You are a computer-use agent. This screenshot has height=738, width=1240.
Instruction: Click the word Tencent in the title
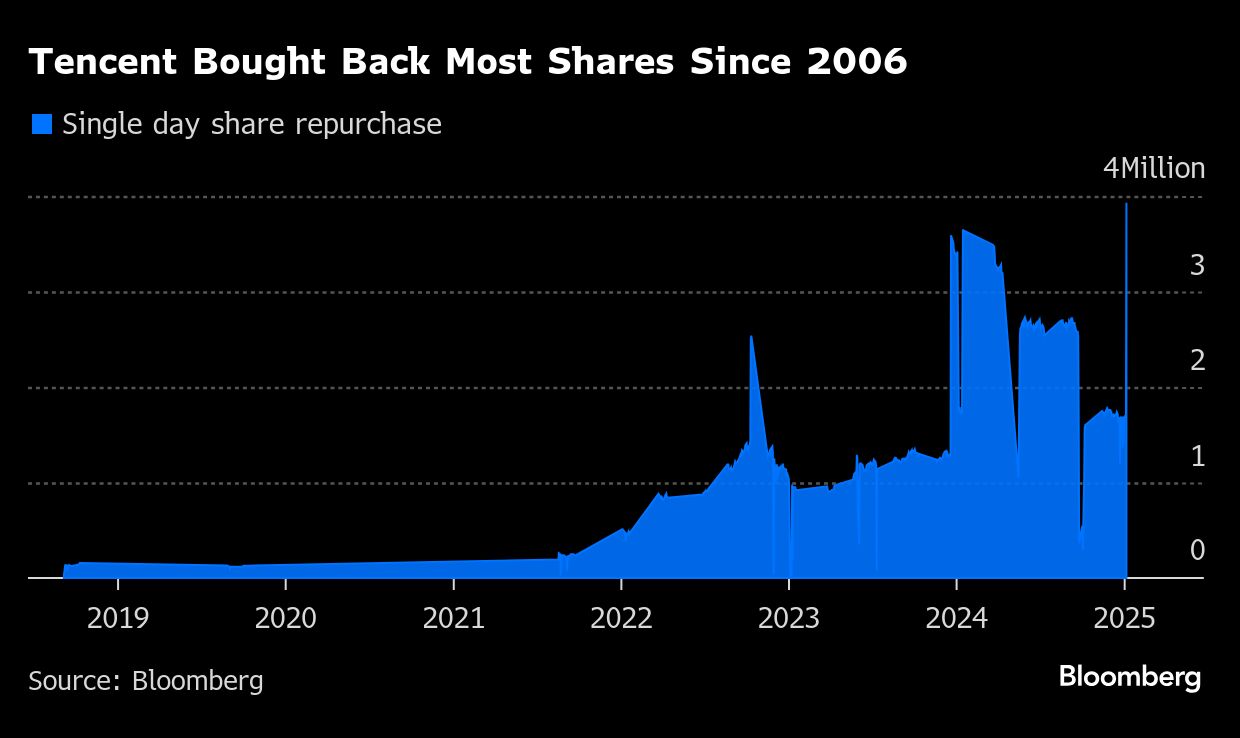[103, 62]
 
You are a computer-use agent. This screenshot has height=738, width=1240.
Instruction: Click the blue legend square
[41, 124]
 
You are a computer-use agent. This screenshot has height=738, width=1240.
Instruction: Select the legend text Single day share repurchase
[251, 124]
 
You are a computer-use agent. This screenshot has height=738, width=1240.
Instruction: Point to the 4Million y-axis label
[1153, 169]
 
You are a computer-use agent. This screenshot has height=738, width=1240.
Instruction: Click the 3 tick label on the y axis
[1197, 265]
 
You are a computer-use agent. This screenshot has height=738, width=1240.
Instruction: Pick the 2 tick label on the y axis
[1197, 360]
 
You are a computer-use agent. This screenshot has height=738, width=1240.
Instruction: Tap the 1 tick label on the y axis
[1197, 456]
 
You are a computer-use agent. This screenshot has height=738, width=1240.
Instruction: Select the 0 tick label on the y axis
[1197, 550]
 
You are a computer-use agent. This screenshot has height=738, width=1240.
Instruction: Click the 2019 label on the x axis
[118, 618]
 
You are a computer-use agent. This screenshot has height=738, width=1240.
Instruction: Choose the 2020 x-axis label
[286, 618]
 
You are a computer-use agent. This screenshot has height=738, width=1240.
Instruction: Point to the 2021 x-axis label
[454, 618]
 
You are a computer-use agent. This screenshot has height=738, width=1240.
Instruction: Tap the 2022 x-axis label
[622, 618]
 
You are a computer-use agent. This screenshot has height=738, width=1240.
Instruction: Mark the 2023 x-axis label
[789, 618]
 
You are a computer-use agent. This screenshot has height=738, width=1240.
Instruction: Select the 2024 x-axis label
[957, 618]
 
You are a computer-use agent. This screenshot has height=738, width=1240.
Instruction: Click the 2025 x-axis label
[1125, 618]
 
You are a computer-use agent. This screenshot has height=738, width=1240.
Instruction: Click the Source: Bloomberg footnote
[146, 681]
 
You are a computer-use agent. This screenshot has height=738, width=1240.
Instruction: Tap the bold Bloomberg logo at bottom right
[1130, 678]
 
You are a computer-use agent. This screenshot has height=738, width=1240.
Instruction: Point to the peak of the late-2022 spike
[751, 337]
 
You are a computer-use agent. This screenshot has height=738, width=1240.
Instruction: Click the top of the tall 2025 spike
[1127, 204]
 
